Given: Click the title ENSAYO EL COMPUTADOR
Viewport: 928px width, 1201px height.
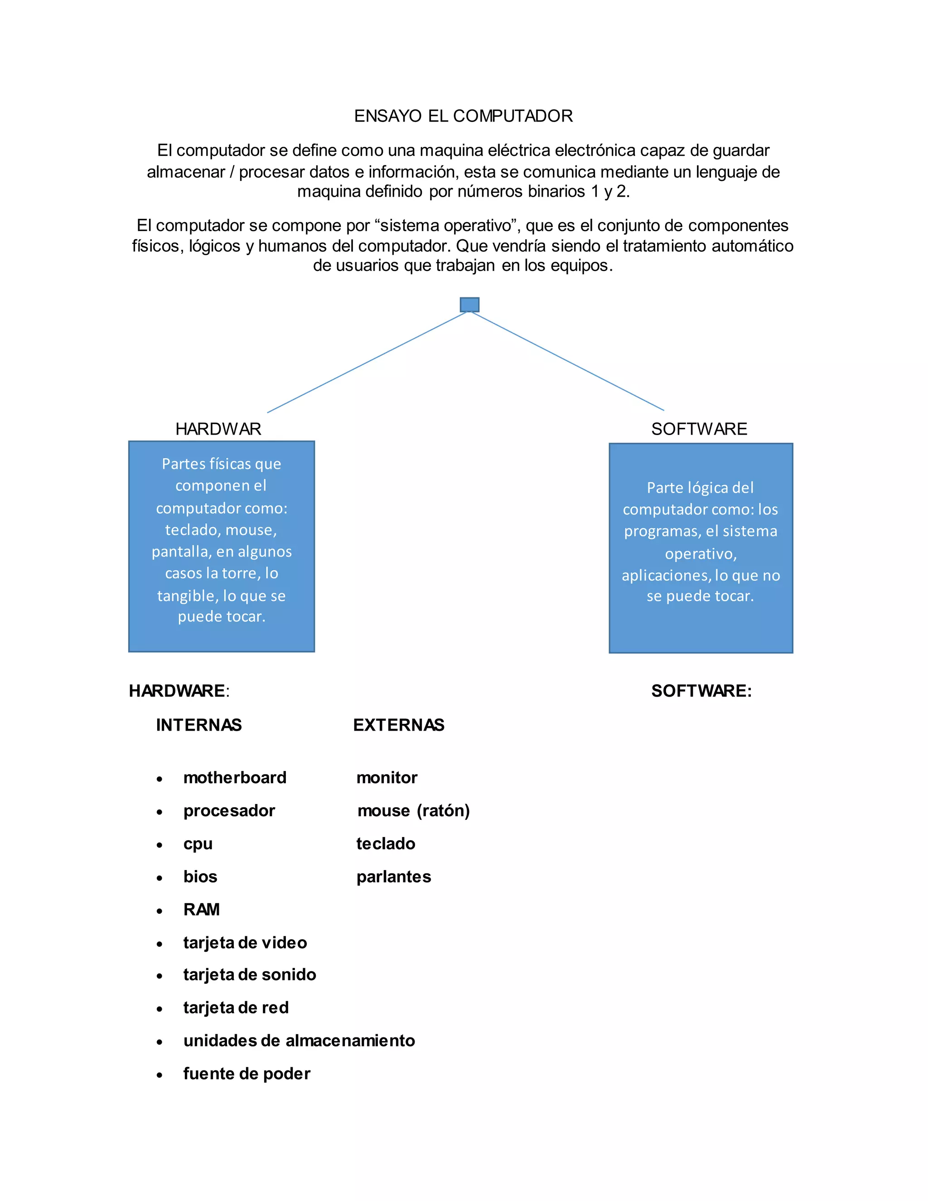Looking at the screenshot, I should (x=464, y=116).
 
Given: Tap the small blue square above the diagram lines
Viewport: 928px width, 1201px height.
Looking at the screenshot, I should (x=469, y=305).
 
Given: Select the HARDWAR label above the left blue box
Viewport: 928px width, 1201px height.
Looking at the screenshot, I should (x=218, y=429).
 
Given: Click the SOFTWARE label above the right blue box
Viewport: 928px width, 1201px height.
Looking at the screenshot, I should (x=699, y=429).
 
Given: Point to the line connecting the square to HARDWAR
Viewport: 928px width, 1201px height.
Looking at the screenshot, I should (x=367, y=363).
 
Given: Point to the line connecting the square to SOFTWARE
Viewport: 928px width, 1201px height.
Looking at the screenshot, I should (x=568, y=362).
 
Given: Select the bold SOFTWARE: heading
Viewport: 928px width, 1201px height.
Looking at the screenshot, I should (x=701, y=691).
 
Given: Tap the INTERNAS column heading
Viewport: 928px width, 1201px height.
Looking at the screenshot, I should (x=199, y=725).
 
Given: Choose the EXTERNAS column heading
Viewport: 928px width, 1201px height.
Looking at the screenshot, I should (x=399, y=725).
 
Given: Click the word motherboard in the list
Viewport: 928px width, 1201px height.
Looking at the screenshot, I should (x=235, y=778).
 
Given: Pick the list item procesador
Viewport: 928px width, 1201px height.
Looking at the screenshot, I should (x=229, y=811).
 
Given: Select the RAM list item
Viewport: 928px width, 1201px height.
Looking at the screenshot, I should (x=202, y=910).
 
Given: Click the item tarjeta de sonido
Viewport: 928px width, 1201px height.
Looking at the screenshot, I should (x=250, y=974).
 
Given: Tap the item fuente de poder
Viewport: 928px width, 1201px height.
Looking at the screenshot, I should (x=247, y=1073).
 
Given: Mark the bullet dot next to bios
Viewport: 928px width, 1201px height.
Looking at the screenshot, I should (x=159, y=878).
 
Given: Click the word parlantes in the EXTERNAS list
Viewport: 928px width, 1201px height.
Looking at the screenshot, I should (x=394, y=877).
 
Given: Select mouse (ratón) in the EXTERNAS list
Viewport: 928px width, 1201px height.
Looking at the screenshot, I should (x=413, y=811).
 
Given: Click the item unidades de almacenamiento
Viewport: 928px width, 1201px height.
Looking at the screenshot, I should (x=299, y=1041).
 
